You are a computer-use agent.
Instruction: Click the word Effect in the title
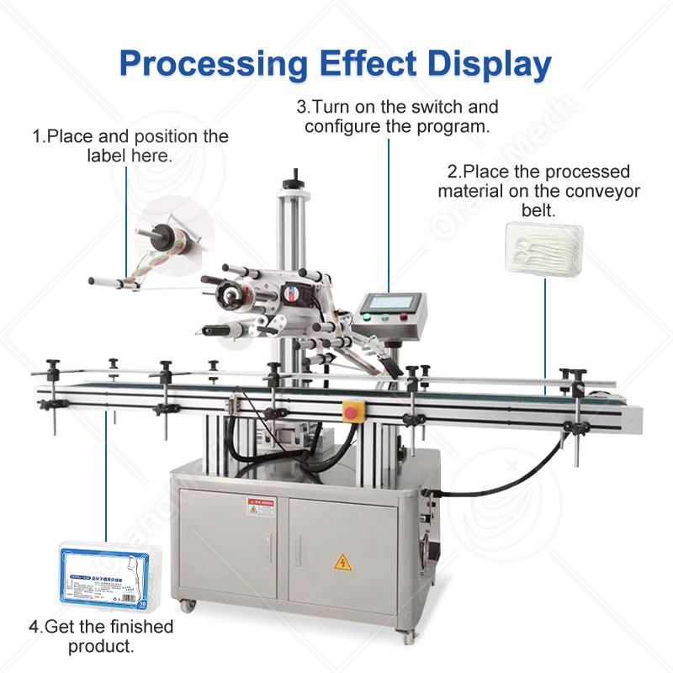[364, 64]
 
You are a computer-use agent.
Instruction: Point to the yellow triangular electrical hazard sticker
[342, 562]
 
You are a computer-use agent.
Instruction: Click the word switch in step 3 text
[432, 108]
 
